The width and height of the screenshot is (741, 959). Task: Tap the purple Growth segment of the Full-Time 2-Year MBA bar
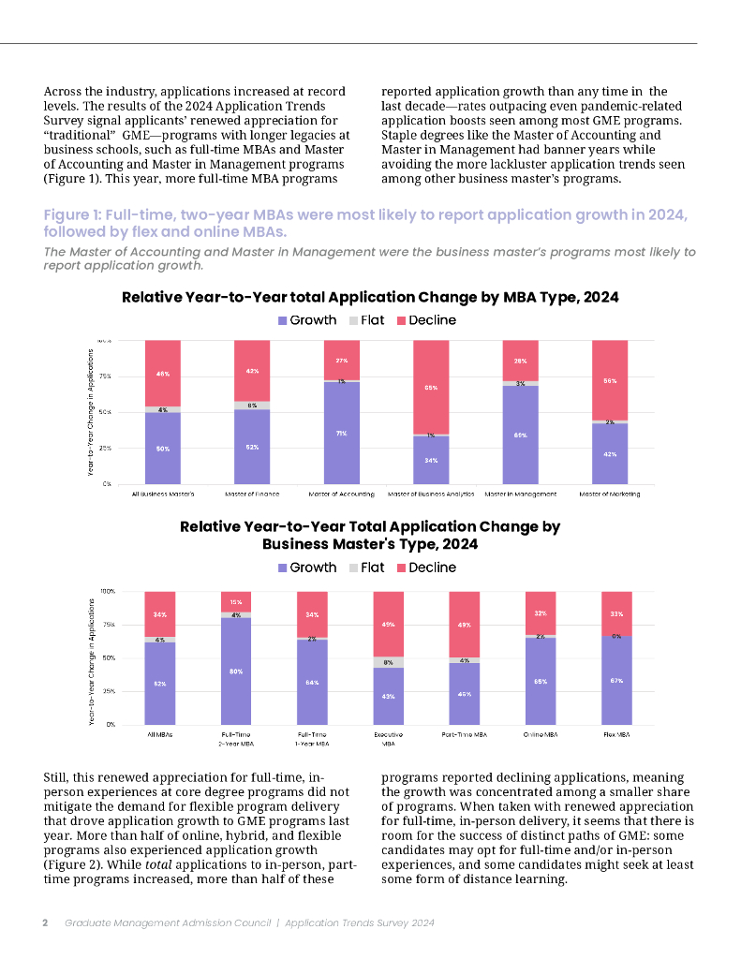click(x=236, y=671)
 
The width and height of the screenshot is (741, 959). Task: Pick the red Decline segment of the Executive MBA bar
click(x=389, y=624)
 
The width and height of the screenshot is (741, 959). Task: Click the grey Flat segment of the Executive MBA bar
click(x=389, y=662)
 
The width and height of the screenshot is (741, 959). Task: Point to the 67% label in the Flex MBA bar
click(x=615, y=680)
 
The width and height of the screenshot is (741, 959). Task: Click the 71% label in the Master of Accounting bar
click(x=342, y=433)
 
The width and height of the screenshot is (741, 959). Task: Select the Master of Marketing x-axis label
click(x=610, y=494)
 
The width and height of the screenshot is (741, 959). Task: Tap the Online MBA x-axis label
click(x=541, y=734)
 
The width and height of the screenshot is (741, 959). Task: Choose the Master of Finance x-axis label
click(x=252, y=494)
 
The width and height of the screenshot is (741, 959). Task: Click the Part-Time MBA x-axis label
click(x=465, y=734)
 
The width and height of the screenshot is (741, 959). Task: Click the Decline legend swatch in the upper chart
click(x=402, y=320)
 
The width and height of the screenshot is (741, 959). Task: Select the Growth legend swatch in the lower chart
click(x=284, y=568)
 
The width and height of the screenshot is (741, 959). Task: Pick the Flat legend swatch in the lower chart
click(x=354, y=568)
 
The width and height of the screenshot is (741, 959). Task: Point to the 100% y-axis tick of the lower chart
click(x=107, y=591)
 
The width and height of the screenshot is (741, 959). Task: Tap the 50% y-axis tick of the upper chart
click(x=105, y=412)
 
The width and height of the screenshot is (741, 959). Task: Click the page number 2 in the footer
click(x=45, y=922)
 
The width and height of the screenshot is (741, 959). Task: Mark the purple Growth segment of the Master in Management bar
click(x=521, y=435)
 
